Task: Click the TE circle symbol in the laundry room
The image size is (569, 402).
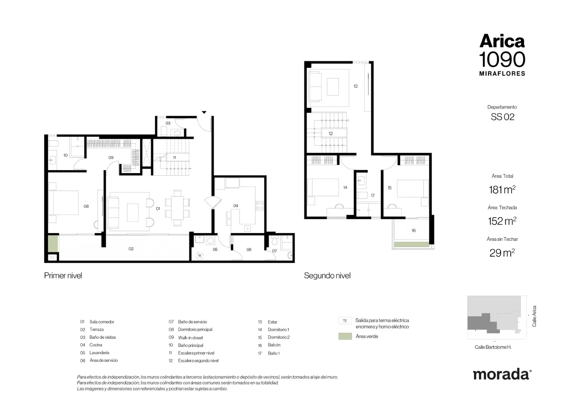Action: click(200, 256)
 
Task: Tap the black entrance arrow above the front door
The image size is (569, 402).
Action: click(204, 112)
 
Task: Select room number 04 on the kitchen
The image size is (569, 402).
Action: click(236, 206)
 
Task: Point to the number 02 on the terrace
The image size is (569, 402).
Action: click(131, 249)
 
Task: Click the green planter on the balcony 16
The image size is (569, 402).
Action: click(412, 245)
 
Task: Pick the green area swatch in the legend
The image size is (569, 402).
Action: click(345, 336)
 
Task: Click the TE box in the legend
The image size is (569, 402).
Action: click(345, 321)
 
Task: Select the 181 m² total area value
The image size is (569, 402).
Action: click(502, 190)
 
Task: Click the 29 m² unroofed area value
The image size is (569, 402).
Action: click(502, 253)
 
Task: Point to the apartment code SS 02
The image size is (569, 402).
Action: click(502, 117)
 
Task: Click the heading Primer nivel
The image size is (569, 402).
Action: click(63, 275)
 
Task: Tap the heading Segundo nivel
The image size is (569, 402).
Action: click(327, 276)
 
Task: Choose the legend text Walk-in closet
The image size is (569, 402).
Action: click(191, 338)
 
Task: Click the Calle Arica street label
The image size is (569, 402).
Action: click(534, 316)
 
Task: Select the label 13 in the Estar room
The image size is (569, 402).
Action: click(356, 86)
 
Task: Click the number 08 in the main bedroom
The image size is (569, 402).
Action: click(86, 206)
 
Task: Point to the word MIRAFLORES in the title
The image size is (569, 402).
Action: click(502, 74)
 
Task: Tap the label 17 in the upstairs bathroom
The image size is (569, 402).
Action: click(373, 195)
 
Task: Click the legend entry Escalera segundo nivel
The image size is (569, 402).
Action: click(198, 361)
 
